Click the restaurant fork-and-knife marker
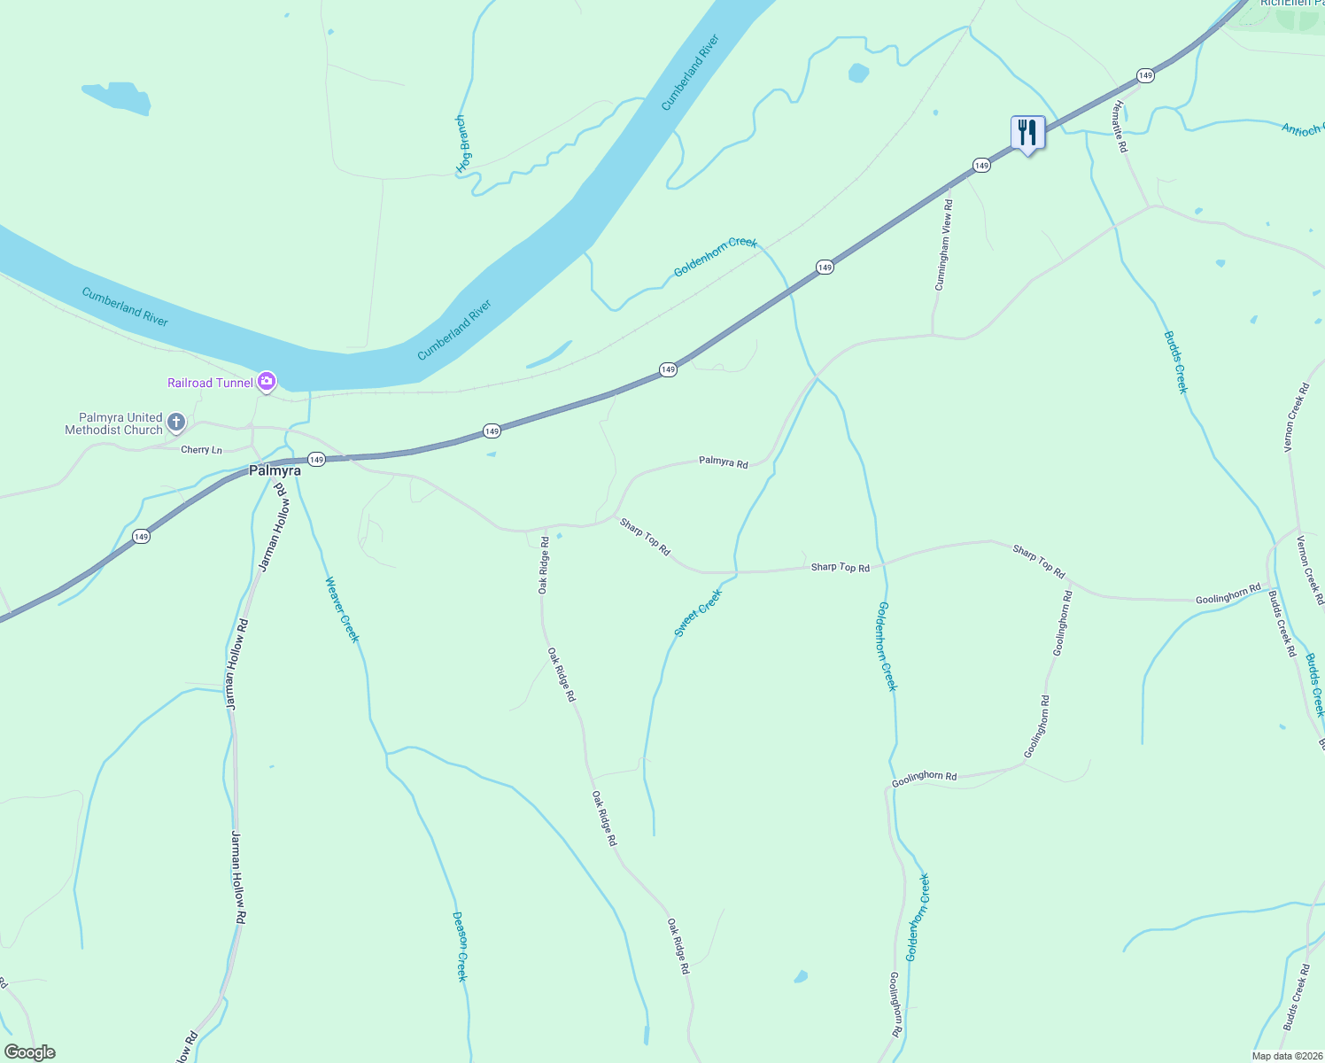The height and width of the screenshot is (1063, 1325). (x=1027, y=133)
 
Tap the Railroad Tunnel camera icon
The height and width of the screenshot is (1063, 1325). (x=267, y=382)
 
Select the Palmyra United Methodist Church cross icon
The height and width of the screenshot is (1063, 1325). (x=176, y=423)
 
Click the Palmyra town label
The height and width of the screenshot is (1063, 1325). (x=275, y=470)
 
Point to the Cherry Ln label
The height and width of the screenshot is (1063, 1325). (x=201, y=450)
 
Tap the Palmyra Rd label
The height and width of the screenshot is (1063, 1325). (x=723, y=462)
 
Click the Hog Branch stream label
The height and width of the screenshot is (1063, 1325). (x=462, y=144)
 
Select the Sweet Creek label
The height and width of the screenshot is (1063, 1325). (x=698, y=613)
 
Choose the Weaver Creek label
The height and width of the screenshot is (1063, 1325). (x=342, y=609)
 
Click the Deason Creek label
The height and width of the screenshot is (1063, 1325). (x=460, y=946)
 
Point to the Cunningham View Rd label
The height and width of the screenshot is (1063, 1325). (x=944, y=244)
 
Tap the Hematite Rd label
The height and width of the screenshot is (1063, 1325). (x=1120, y=126)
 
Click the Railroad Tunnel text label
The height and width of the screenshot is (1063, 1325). (x=210, y=383)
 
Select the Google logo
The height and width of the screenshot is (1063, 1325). (x=29, y=1052)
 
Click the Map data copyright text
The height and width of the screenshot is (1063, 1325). (x=1286, y=1056)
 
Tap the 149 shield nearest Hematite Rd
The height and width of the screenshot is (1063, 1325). (x=1145, y=75)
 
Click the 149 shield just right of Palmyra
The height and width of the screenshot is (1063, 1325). (x=316, y=459)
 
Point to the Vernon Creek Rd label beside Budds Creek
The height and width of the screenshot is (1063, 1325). (x=1297, y=417)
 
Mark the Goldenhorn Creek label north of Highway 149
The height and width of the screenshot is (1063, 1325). (x=715, y=257)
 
